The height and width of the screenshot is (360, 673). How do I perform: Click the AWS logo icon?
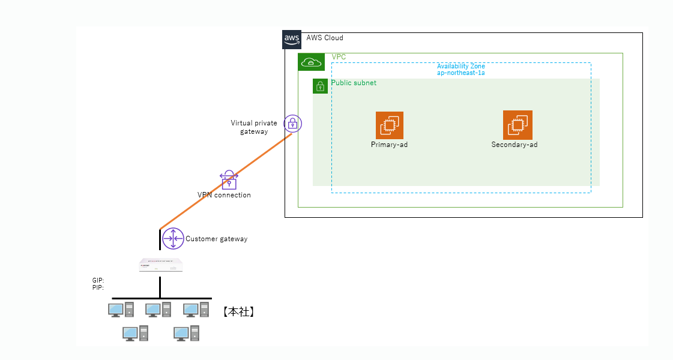point(292,39)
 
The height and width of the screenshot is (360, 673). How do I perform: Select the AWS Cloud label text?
point(325,38)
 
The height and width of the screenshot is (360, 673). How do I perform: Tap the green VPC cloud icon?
point(311,62)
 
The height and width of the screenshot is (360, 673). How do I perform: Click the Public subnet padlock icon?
point(320,86)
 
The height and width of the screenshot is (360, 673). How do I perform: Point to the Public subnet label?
point(354,83)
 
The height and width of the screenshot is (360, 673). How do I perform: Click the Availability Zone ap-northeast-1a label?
point(460,69)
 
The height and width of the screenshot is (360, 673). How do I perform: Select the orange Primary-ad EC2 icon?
point(390,125)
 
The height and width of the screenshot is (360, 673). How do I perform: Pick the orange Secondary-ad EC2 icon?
point(518,125)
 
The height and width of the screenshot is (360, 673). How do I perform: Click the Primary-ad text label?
point(389,145)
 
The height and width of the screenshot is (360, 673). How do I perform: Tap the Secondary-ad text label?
point(514,145)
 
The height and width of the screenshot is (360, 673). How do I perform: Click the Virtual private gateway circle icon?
point(292,124)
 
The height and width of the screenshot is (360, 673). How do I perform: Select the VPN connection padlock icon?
point(229,180)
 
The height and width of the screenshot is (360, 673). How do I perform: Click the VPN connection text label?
point(224,195)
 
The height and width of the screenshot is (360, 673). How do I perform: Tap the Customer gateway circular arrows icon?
point(173,239)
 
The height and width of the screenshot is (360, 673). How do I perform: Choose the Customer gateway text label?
point(216,239)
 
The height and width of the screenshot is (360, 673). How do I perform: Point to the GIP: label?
point(98,280)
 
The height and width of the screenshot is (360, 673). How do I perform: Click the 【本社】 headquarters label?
point(238,311)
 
